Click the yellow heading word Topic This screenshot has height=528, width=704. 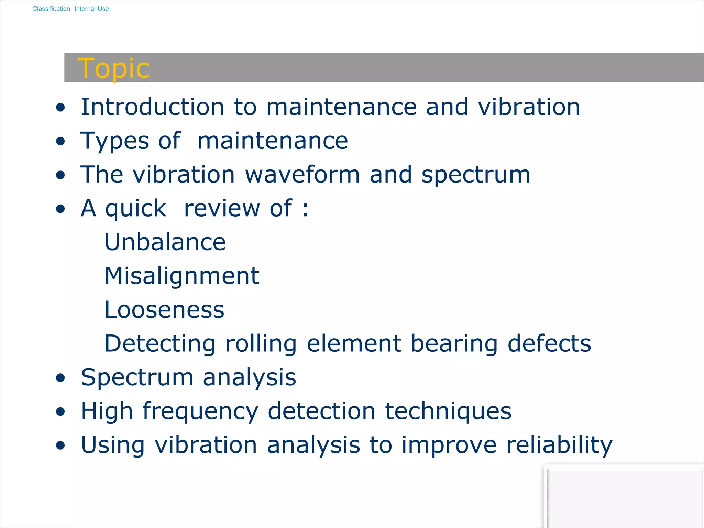[x=113, y=68]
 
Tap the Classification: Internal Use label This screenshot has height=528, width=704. [x=70, y=9]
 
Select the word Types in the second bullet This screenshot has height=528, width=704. [x=114, y=141]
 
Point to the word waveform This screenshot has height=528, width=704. [x=302, y=174]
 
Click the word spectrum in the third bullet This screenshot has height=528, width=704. [x=476, y=175]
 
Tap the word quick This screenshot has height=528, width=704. [x=135, y=208]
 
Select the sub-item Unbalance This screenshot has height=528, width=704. [x=165, y=242]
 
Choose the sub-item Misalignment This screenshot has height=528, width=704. [x=182, y=276]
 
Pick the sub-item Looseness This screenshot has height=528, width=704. [x=164, y=310]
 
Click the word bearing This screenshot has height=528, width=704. [x=454, y=344]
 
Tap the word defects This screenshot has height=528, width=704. [x=549, y=343]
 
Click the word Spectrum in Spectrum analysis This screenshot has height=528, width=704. [x=137, y=377]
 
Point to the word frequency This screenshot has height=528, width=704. [x=200, y=411]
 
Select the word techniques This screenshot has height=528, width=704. [x=448, y=411]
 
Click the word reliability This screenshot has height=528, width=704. [x=559, y=445]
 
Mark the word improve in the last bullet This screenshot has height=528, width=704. [x=449, y=445]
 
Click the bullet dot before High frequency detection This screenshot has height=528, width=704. [x=60, y=411]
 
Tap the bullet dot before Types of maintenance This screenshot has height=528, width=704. [x=60, y=141]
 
